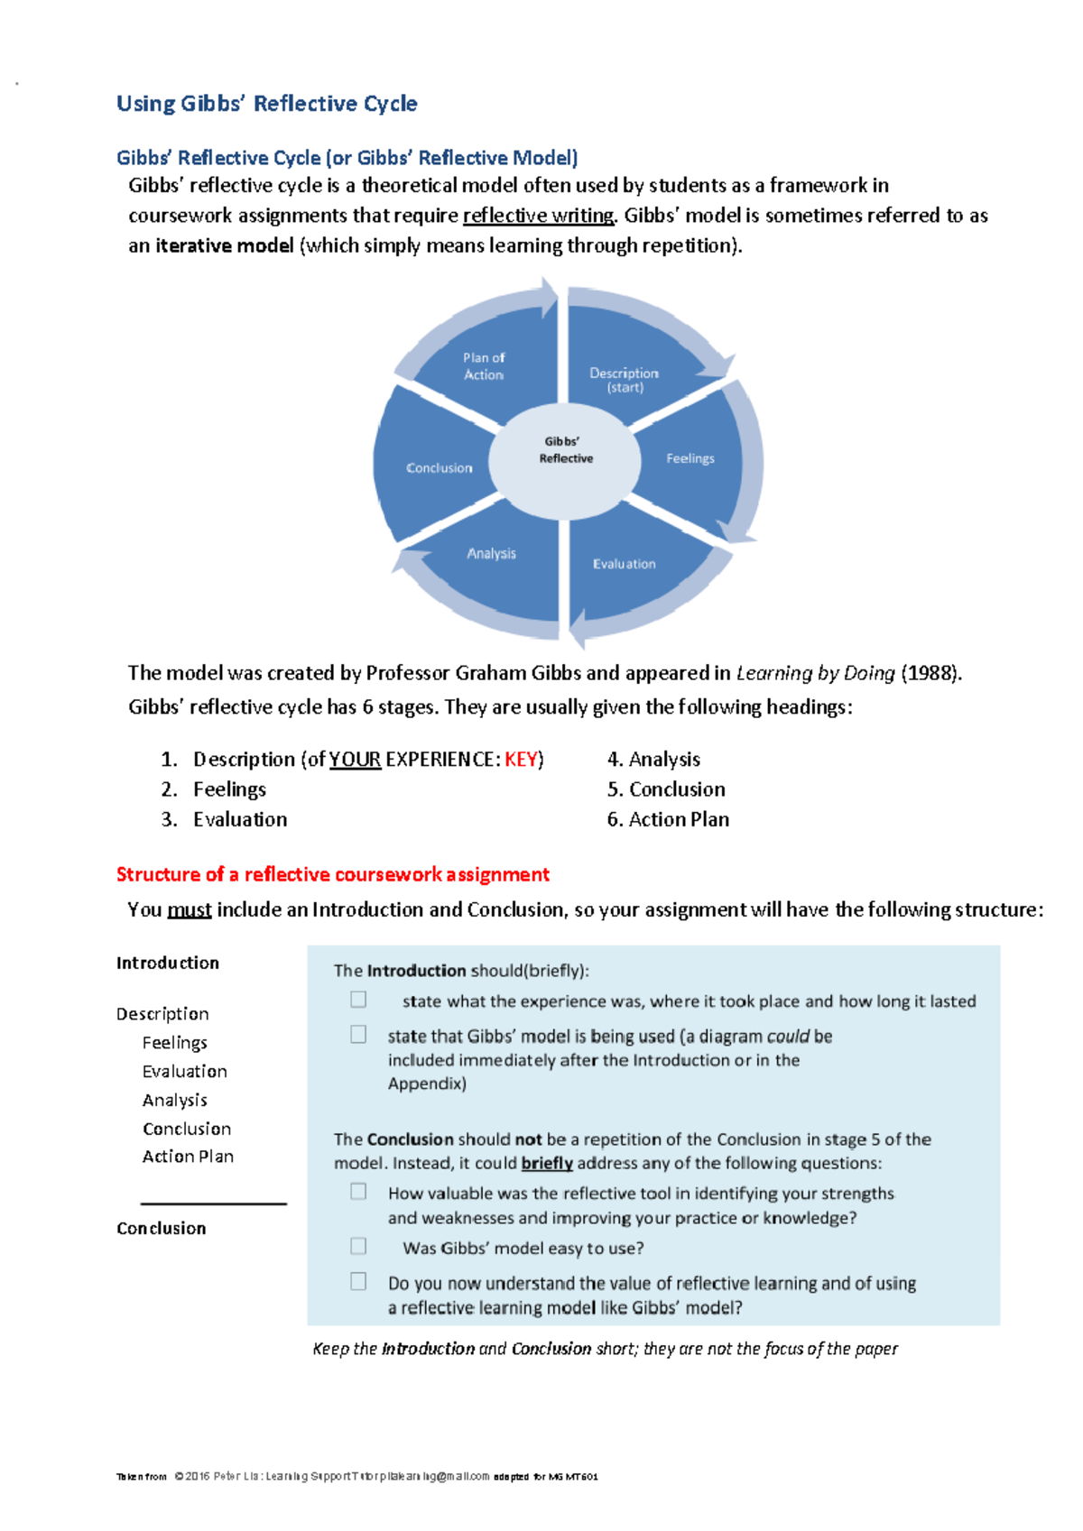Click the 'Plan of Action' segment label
[x=484, y=365]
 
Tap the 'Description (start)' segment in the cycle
[x=624, y=380]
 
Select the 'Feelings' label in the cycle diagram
[x=690, y=458]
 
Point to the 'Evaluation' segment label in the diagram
[x=624, y=564]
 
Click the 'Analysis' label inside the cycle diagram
[x=491, y=553]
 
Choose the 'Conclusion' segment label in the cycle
[x=439, y=468]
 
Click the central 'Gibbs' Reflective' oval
[x=566, y=450]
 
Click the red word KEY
[x=521, y=760]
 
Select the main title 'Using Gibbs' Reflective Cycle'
[x=266, y=104]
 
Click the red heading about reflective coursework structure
[x=332, y=874]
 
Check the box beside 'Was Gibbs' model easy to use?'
[x=358, y=1246]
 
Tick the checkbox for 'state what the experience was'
[x=358, y=1000]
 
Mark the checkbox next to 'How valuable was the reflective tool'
[x=358, y=1192]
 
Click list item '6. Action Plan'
[x=668, y=819]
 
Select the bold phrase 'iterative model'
[x=225, y=245]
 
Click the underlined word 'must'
[x=190, y=909]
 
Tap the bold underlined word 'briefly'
[x=547, y=1163]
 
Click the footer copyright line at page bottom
[x=356, y=1477]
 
